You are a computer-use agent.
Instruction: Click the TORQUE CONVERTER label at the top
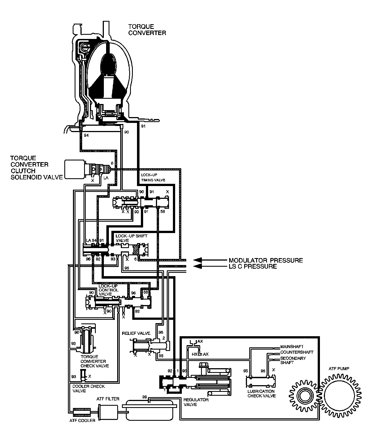point(147,30)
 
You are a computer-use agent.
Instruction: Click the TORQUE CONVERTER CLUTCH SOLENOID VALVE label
point(36,168)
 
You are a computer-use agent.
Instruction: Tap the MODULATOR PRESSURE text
point(266,260)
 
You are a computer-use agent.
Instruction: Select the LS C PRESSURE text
point(253,266)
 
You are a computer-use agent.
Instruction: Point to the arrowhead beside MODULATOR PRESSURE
point(198,260)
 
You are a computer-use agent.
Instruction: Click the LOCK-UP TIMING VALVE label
point(153,177)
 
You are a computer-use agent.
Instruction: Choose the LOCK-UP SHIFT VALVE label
point(131,238)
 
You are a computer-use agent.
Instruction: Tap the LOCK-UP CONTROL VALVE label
point(108,290)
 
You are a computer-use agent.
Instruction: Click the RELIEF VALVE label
point(136,333)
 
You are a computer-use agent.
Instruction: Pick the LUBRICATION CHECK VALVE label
point(261,393)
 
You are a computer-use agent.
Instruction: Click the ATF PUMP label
point(339,368)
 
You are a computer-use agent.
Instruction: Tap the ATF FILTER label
point(108,399)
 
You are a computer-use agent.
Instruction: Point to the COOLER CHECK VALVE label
point(88,388)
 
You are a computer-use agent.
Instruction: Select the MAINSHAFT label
point(292,347)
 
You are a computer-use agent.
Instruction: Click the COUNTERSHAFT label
point(297,352)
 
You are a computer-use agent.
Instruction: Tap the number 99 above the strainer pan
point(145,397)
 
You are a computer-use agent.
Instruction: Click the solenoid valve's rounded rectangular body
point(75,169)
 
